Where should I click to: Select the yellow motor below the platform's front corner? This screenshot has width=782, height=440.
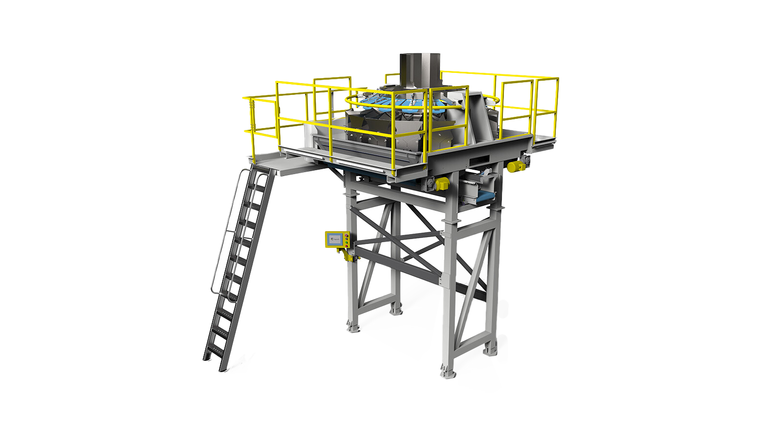(x=442, y=184)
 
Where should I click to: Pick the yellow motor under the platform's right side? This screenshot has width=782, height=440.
(x=514, y=167)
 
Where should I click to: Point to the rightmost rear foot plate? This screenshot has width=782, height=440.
(x=490, y=350)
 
